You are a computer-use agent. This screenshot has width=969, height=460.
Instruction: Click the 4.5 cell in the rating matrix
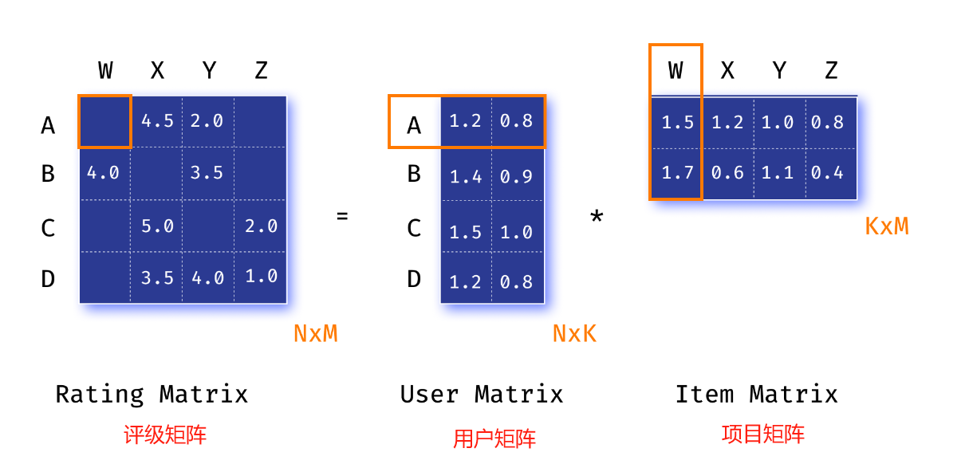(157, 121)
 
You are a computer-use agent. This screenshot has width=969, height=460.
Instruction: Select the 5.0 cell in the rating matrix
(157, 226)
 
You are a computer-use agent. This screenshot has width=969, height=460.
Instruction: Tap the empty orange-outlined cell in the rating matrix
(104, 121)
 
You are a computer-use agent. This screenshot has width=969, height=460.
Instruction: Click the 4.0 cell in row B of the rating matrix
(104, 172)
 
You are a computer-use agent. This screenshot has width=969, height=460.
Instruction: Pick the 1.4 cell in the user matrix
(466, 175)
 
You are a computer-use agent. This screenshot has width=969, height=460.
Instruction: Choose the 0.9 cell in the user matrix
(517, 175)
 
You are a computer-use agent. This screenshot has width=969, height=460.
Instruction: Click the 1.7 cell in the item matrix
(676, 171)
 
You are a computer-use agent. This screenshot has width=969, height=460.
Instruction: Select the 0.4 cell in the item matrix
(827, 171)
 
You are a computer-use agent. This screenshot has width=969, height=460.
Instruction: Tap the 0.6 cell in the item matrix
(727, 171)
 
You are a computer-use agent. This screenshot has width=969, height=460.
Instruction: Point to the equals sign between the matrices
(342, 215)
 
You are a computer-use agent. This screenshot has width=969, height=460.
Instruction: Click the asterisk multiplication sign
(596, 217)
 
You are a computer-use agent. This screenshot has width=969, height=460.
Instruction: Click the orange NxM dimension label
(316, 333)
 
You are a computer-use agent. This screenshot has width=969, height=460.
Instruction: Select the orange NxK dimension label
(574, 333)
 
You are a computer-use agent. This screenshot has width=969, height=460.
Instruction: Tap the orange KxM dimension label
(887, 226)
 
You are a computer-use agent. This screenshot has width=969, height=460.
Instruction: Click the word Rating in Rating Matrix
(100, 394)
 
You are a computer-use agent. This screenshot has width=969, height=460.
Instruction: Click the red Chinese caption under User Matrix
(494, 438)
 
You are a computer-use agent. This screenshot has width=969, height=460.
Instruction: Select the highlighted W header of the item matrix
(676, 70)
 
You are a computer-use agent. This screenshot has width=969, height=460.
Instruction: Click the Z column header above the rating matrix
(261, 70)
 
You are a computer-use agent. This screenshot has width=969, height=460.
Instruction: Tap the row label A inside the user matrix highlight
(414, 124)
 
